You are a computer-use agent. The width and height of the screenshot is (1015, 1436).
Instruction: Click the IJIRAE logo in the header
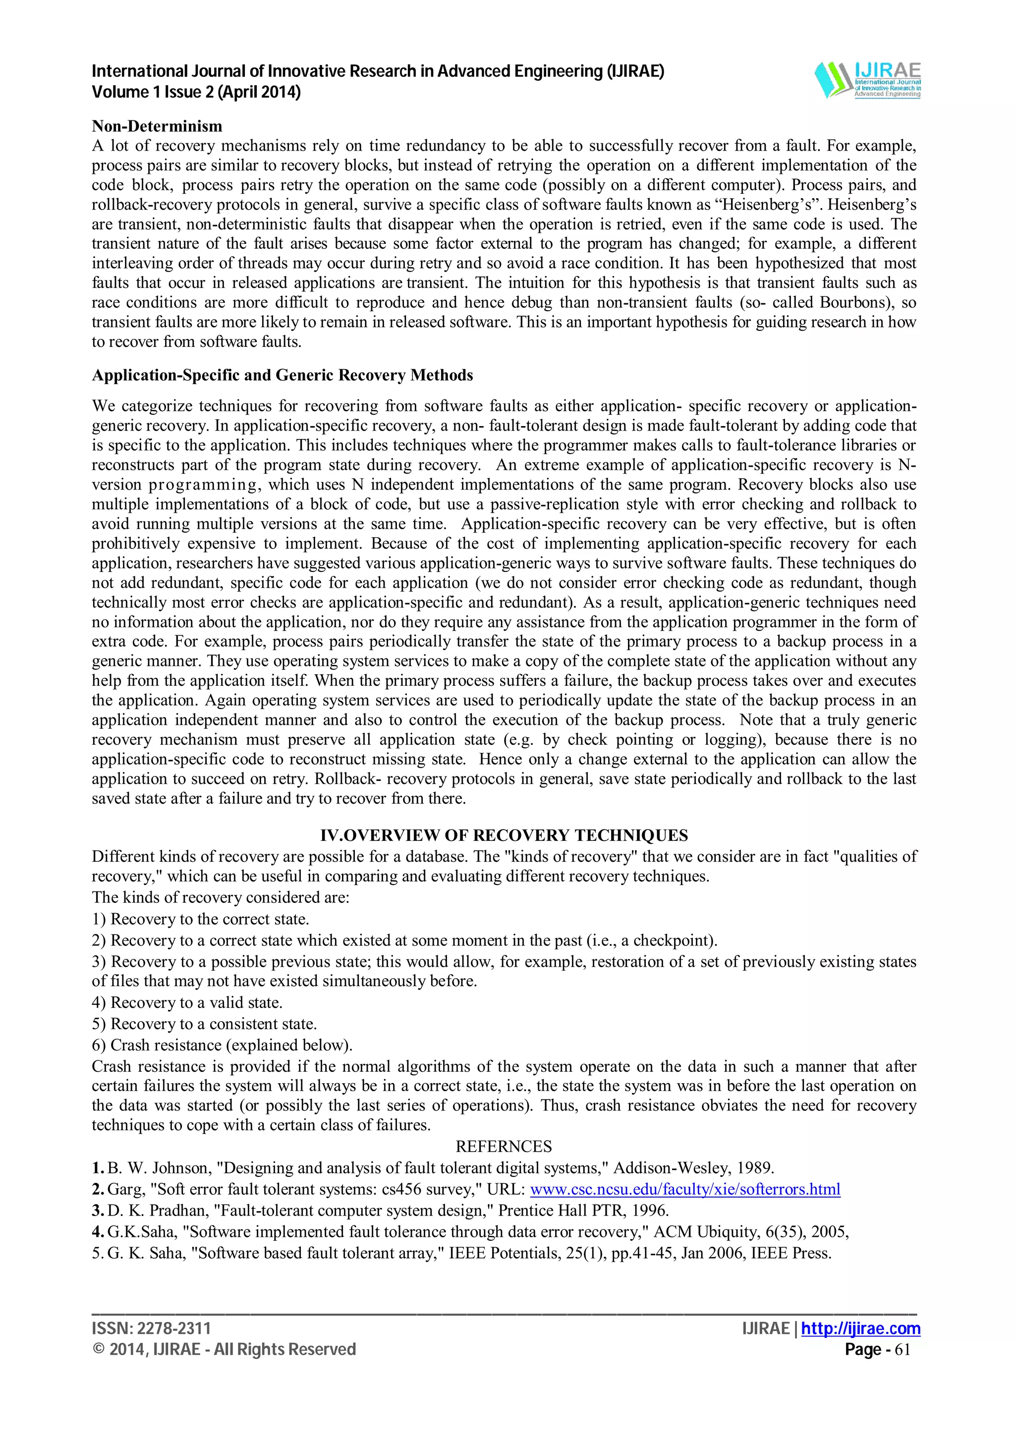pyautogui.click(x=867, y=80)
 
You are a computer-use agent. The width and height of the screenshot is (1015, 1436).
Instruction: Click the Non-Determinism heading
pyautogui.click(x=157, y=126)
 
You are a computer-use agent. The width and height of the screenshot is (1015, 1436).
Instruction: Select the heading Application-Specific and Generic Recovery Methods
pyautogui.click(x=282, y=375)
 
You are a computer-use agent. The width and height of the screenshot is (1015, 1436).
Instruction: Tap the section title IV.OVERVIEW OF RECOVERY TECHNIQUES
pyautogui.click(x=504, y=835)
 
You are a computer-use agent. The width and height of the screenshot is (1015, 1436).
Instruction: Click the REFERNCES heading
pyautogui.click(x=504, y=1147)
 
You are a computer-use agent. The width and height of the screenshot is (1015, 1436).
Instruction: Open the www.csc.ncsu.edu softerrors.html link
pyautogui.click(x=685, y=1189)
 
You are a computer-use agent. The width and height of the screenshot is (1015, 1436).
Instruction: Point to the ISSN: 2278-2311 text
pyautogui.click(x=151, y=1328)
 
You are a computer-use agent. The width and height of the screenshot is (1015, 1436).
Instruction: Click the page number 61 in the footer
pyautogui.click(x=902, y=1350)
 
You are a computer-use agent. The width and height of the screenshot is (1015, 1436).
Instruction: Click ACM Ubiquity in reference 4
pyautogui.click(x=706, y=1231)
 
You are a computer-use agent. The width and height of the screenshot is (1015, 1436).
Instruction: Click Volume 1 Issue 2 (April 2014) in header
pyautogui.click(x=196, y=93)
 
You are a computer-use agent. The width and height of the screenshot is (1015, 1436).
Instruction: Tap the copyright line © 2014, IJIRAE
pyautogui.click(x=223, y=1350)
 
